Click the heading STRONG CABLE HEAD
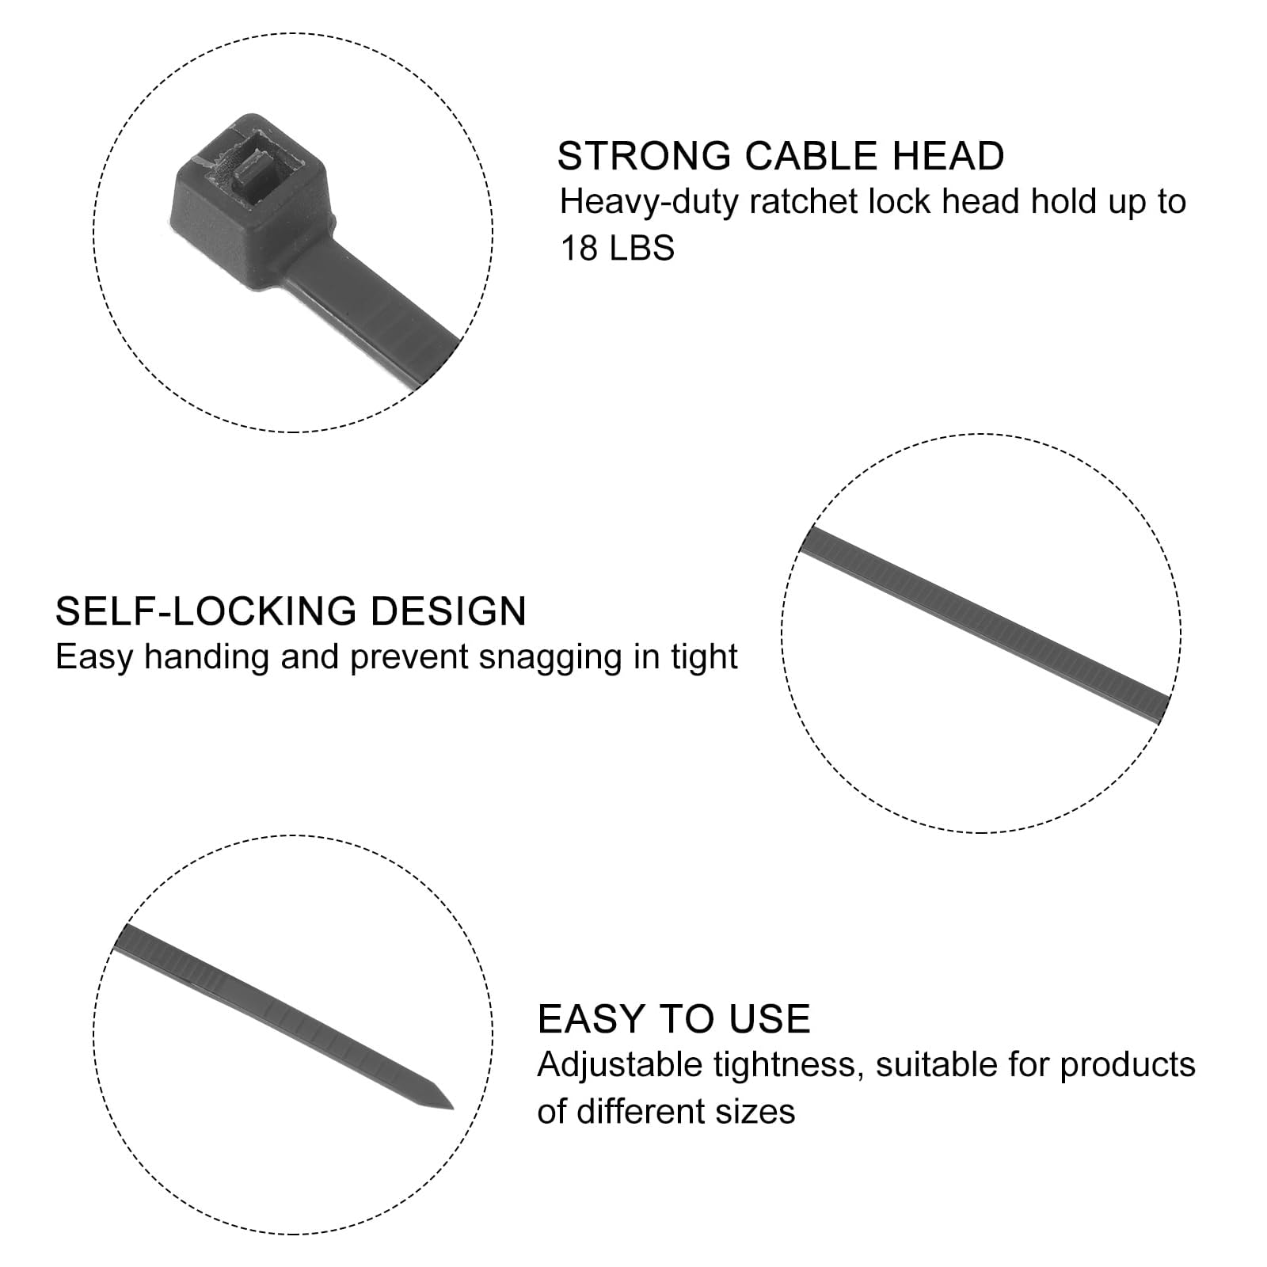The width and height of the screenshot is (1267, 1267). (x=781, y=155)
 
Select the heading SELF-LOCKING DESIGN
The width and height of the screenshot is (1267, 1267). (x=291, y=611)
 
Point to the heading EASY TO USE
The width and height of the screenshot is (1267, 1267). (x=674, y=1018)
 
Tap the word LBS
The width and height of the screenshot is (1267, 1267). (x=642, y=249)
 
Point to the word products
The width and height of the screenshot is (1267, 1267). (x=1128, y=1066)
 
